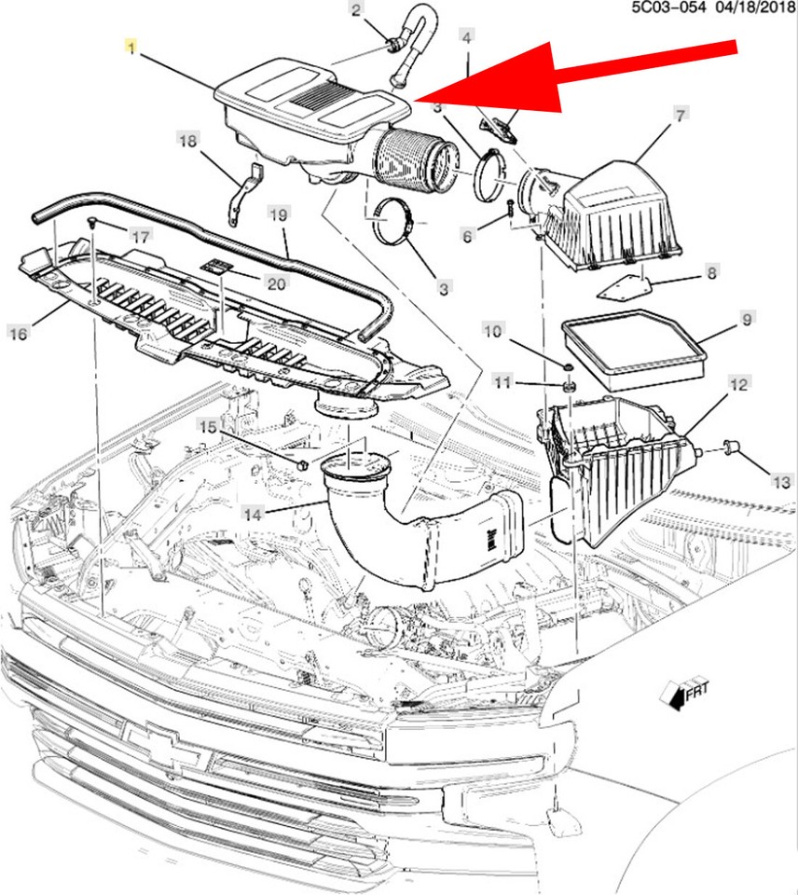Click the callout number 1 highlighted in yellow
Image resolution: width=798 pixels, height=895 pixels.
[131, 48]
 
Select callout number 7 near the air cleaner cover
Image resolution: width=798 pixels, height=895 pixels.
[680, 116]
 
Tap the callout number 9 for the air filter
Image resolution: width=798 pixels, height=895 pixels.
[746, 319]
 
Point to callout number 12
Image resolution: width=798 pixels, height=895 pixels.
[737, 384]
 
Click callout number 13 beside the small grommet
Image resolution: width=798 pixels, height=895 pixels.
[781, 482]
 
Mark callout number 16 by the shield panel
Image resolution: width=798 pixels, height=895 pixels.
[19, 333]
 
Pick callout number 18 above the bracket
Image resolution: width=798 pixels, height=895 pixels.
[187, 141]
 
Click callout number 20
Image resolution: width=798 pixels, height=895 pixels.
[276, 282]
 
